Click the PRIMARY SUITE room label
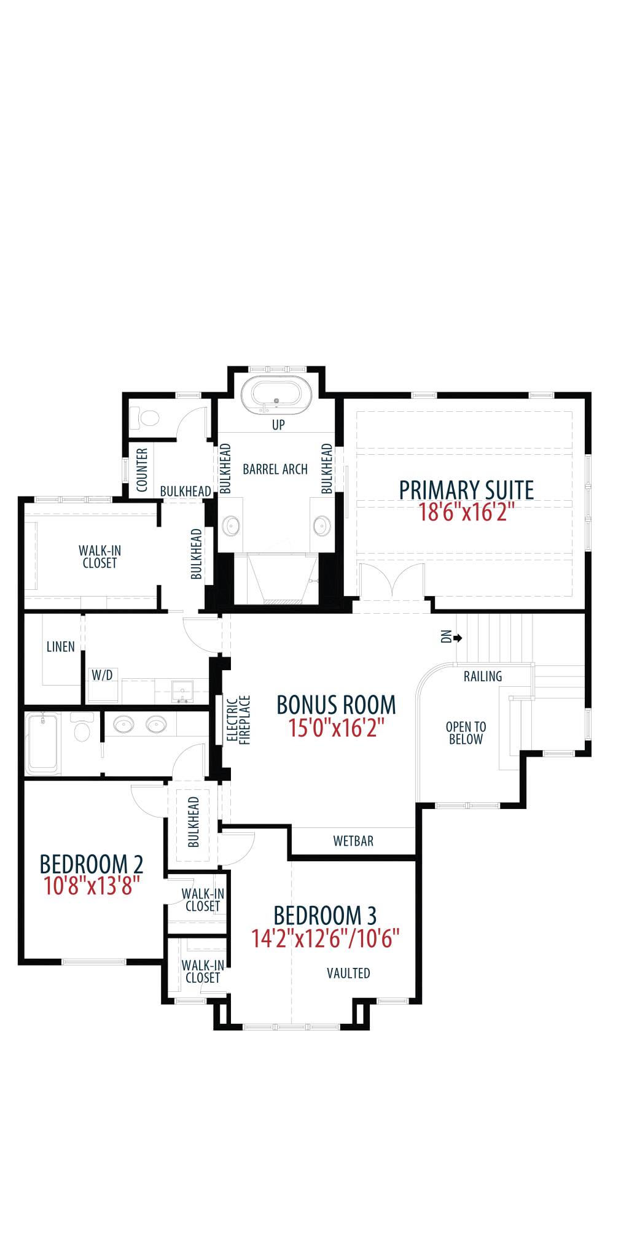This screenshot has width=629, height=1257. tap(466, 490)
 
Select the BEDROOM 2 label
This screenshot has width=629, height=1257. tap(92, 864)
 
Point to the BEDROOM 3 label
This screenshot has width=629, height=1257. tap(325, 915)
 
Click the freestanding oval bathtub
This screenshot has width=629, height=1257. tap(276, 396)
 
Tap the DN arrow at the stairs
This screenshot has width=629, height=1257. tap(458, 638)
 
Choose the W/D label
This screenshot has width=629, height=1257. tap(102, 675)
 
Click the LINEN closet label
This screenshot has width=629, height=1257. tap(61, 646)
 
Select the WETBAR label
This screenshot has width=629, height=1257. tap(353, 841)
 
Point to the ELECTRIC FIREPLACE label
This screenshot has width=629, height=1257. tap(238, 719)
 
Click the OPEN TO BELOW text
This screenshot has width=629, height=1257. tap(466, 733)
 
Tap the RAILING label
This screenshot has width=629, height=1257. tap(483, 676)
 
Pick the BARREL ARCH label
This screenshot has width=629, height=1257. tap(275, 470)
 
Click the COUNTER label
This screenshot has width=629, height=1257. tap(142, 470)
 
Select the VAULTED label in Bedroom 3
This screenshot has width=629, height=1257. tap(348, 973)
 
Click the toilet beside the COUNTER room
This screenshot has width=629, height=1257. tap(146, 419)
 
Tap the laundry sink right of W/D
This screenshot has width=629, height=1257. tap(182, 691)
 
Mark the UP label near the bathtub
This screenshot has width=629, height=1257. tap(278, 425)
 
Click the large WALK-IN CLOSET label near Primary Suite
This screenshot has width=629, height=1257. tap(100, 557)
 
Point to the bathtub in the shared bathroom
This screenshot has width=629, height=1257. tap(43, 742)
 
